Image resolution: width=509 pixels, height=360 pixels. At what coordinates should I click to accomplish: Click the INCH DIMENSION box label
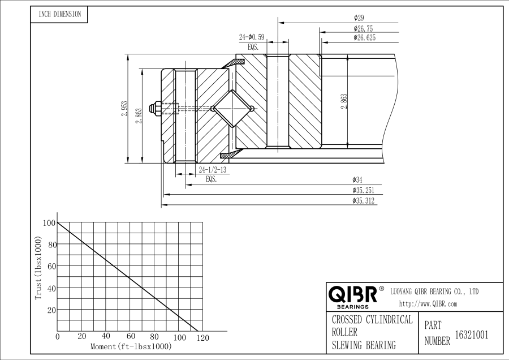click(59, 15)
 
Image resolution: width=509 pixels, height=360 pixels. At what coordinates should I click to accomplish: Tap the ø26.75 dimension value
click(363, 28)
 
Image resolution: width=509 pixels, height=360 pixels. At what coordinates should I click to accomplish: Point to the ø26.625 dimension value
click(365, 38)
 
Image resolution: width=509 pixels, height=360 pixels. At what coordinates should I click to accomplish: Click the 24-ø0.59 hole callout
click(252, 37)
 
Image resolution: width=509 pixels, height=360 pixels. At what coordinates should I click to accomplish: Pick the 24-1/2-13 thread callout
click(213, 170)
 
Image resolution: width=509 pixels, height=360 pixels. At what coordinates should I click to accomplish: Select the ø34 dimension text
click(357, 181)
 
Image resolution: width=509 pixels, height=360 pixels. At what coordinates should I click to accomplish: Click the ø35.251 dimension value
click(363, 191)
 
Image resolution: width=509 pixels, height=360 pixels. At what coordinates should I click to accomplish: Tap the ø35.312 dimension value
click(363, 201)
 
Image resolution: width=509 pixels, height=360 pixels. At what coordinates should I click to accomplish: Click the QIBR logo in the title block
click(353, 294)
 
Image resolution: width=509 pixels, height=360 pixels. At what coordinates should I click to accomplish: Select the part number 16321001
click(472, 335)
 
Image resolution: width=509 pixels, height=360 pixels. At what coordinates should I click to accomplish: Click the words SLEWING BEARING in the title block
click(364, 345)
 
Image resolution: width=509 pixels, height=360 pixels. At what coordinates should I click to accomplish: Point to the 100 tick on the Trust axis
click(49, 223)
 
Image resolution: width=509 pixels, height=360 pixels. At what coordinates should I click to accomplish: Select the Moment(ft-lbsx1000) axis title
click(131, 346)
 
